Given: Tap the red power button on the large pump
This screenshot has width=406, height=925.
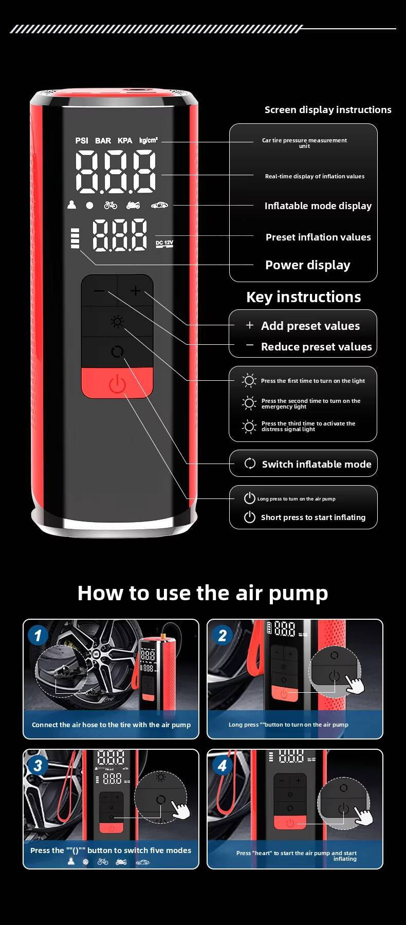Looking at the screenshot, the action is [x=117, y=383].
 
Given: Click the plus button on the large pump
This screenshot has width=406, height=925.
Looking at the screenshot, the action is [x=135, y=291].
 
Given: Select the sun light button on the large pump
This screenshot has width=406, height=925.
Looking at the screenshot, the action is [x=117, y=322].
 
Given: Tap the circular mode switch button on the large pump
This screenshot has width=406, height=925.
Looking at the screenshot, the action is [x=117, y=352].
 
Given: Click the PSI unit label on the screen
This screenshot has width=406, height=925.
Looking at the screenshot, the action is [x=82, y=140].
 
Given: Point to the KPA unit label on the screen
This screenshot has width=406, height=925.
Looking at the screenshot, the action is [x=125, y=140].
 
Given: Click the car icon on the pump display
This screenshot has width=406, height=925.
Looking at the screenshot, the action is [x=159, y=205].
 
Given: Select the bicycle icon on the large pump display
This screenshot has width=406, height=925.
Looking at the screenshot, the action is [x=110, y=205].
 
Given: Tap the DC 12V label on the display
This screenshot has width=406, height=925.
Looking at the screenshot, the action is [x=164, y=244].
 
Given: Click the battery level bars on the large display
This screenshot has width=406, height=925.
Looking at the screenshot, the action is [x=76, y=238].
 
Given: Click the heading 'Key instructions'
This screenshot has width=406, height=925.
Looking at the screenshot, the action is [x=304, y=297].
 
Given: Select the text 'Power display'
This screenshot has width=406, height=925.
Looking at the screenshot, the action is [x=308, y=265].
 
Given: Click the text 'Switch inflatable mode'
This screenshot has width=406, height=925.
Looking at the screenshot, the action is [x=317, y=464].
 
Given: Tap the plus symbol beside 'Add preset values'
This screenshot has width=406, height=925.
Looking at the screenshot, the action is [x=250, y=325].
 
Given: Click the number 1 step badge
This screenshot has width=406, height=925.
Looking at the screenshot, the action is [x=38, y=636].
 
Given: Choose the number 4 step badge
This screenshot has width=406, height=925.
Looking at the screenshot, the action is [x=222, y=766].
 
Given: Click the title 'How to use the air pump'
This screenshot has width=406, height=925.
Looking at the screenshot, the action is [x=202, y=593].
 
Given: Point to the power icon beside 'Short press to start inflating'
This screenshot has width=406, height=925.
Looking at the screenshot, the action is [x=250, y=517].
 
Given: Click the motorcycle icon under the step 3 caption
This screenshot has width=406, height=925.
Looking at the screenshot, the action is [x=121, y=862].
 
